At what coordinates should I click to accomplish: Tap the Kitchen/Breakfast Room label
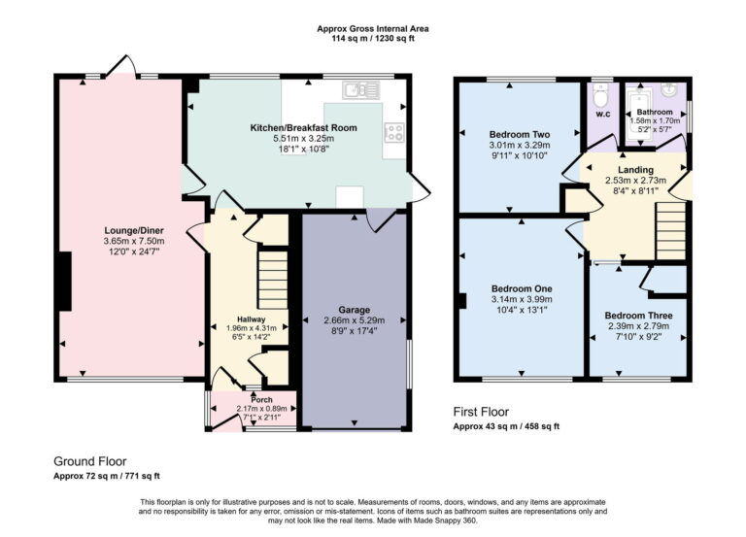pos(303,127)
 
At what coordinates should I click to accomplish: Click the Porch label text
pos(261,399)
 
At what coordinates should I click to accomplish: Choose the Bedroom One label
pos(522,288)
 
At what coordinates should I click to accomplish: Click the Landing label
pos(636,170)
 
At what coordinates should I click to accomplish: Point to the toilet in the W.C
pos(599,97)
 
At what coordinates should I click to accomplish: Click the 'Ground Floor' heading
pos(90,461)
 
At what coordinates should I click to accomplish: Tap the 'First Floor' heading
pos(481,412)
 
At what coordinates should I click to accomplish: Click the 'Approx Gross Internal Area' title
pos(372,29)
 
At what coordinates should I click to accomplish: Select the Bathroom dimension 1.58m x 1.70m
pos(656,121)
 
